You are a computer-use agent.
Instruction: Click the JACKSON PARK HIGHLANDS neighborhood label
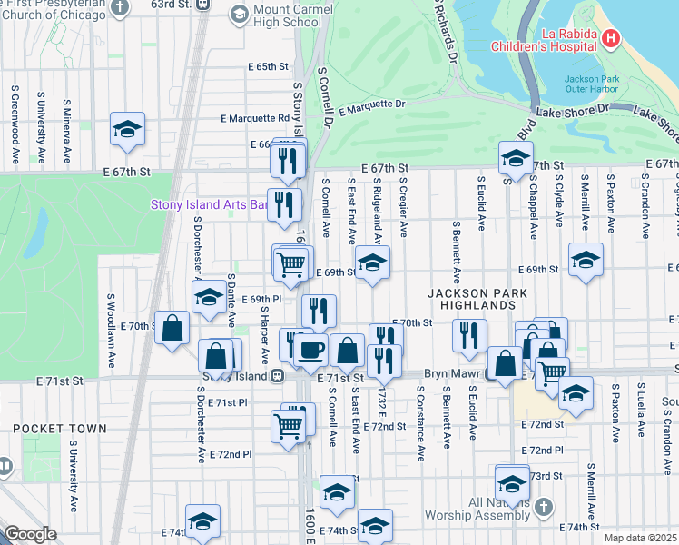(472, 299)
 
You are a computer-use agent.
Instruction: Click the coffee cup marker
(310, 350)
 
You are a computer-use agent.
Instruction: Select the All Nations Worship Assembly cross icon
(543, 506)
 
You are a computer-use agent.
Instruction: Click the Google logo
(30, 535)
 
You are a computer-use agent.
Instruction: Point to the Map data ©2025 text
(640, 538)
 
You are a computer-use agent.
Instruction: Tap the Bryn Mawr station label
(455, 374)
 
